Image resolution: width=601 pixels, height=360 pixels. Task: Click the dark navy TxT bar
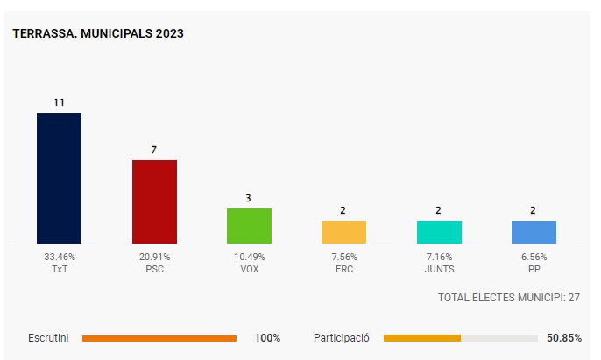click(x=59, y=178)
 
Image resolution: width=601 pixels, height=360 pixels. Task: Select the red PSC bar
click(x=154, y=201)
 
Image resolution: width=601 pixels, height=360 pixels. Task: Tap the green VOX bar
click(x=249, y=226)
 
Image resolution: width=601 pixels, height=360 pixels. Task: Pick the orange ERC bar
click(x=343, y=232)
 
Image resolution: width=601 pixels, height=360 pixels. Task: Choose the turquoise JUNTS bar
click(x=439, y=232)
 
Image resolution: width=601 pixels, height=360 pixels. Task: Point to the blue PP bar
click(x=534, y=232)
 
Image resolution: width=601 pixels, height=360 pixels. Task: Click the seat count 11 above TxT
click(x=59, y=102)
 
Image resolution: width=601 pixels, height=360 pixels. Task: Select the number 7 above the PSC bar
click(x=154, y=150)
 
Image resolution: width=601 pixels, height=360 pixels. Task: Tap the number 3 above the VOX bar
click(x=249, y=198)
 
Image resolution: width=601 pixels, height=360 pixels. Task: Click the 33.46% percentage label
click(x=60, y=257)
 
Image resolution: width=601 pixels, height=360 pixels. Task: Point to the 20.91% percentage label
click(x=154, y=257)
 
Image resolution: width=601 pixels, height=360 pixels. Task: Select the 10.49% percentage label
click(x=249, y=257)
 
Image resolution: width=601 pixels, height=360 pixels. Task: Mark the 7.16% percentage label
click(x=439, y=257)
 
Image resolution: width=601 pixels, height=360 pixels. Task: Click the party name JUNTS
click(x=439, y=269)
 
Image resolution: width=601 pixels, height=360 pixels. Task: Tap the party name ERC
click(x=343, y=269)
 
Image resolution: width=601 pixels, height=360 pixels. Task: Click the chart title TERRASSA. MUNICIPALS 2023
click(x=98, y=33)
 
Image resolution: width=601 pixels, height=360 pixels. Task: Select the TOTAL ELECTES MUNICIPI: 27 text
click(x=508, y=298)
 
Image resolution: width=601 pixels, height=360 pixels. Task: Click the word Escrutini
click(x=49, y=337)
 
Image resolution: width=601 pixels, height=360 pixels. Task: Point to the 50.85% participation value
click(x=563, y=337)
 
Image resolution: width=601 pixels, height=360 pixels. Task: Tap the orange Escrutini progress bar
click(x=159, y=337)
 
